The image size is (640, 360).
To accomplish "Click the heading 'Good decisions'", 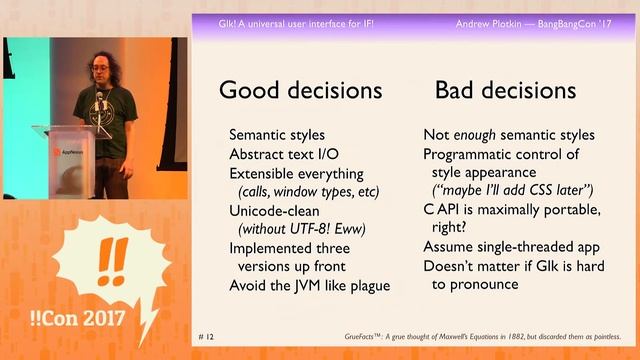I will click(300, 90).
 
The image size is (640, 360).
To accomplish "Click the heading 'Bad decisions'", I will click(505, 90).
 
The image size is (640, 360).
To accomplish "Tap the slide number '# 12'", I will click(208, 337).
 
